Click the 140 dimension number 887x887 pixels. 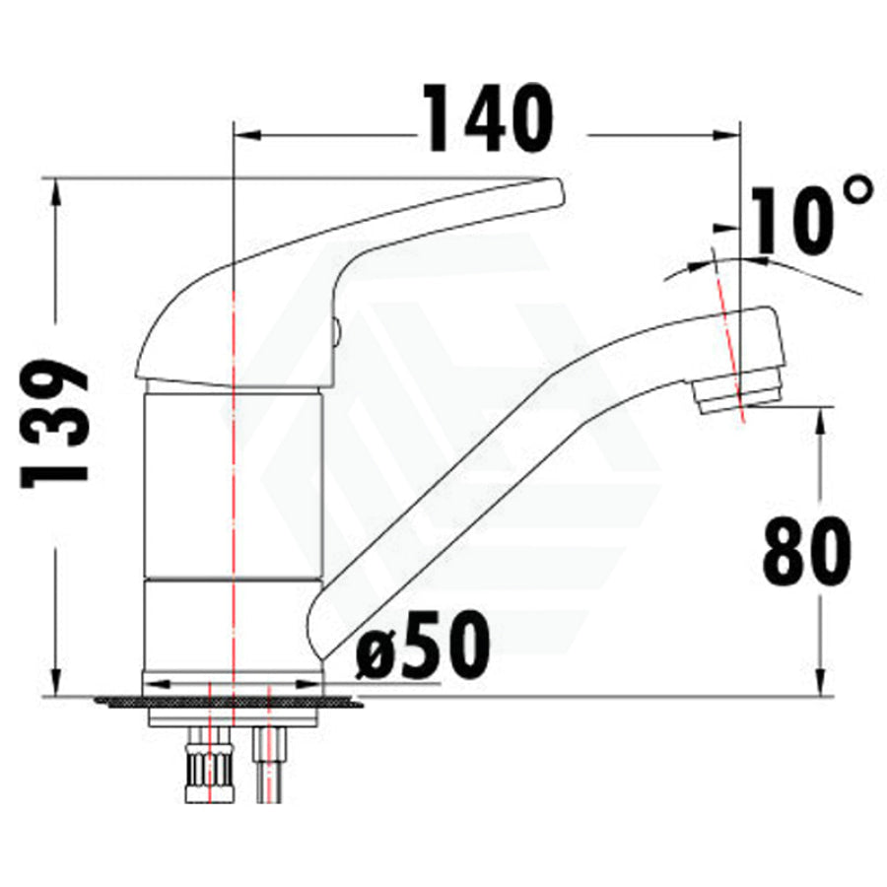tap(489, 119)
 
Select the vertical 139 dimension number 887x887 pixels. tap(55, 424)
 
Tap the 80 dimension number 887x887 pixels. tap(806, 552)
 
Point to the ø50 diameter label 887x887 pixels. tap(423, 646)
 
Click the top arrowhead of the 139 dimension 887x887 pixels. tap(56, 192)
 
